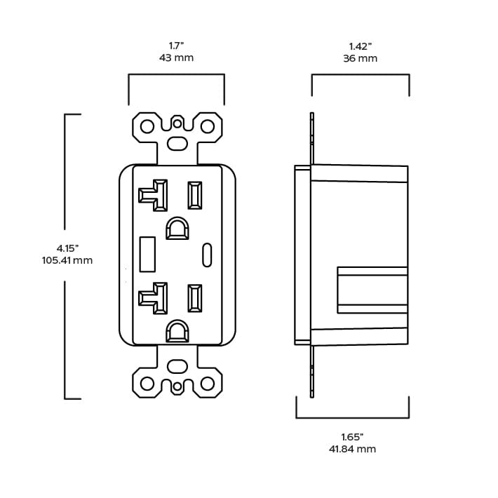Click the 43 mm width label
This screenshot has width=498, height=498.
coord(176,58)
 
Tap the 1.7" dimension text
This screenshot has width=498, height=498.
coord(176,44)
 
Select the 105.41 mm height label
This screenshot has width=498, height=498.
coord(67,261)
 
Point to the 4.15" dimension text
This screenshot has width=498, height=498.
coord(67,248)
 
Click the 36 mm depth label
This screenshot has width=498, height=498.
coord(360,58)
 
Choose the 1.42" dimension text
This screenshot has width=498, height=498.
coord(360,45)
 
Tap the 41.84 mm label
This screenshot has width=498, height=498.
coord(352,449)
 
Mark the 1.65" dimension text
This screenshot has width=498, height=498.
coord(352,436)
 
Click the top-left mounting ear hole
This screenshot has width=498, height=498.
coord(147,126)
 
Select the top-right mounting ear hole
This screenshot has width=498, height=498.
coord(208,126)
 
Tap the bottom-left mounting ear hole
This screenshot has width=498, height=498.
coord(147,384)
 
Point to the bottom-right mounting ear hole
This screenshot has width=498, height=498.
coord(208,384)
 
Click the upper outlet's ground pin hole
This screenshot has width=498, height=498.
coord(177,228)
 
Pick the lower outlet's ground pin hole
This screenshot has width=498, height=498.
coord(177,331)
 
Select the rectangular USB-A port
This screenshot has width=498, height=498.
coord(147,254)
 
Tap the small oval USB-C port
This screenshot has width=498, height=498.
coord(207,254)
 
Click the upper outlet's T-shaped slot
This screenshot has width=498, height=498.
coord(155,195)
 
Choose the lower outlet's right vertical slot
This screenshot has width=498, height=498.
coord(194,298)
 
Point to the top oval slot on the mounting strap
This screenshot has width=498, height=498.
coord(177,142)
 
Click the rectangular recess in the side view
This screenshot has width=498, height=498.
coord(372,290)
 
